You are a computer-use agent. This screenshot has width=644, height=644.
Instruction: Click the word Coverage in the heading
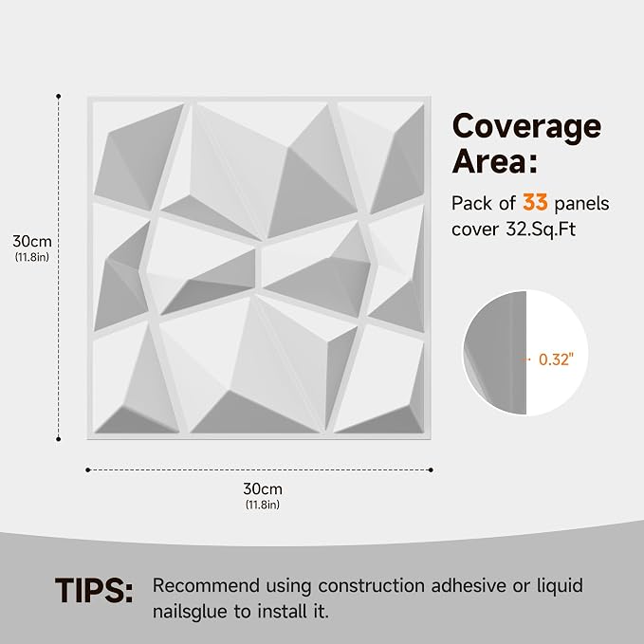point(526,127)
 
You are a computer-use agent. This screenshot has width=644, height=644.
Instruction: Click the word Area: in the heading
point(494,160)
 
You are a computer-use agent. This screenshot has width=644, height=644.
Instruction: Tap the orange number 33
point(535,202)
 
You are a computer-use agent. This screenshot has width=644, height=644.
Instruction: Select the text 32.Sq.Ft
point(540,230)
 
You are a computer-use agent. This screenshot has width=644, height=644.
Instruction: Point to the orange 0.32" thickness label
point(556,359)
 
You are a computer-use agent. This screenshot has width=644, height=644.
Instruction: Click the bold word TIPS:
point(94,591)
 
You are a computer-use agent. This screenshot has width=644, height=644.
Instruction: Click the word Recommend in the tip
point(206,586)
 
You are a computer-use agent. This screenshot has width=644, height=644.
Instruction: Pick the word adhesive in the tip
point(468,586)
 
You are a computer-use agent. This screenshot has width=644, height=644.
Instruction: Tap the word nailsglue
point(190,612)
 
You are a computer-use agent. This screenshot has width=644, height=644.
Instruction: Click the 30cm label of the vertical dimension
point(32,241)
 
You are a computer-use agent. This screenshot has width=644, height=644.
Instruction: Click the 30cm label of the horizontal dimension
point(263,488)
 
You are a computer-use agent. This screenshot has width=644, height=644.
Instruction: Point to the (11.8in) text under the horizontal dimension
point(263,505)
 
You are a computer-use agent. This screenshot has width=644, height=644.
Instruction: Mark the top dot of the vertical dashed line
point(58,96)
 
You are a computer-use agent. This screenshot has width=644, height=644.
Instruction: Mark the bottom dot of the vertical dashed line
point(58,439)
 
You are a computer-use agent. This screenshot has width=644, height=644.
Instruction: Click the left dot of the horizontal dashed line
point(87,469)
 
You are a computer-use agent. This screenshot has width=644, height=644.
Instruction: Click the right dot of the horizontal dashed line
point(431,469)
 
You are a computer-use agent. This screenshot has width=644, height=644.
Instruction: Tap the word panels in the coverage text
point(582,204)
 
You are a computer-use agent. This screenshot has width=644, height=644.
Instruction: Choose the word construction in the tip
point(371,586)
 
